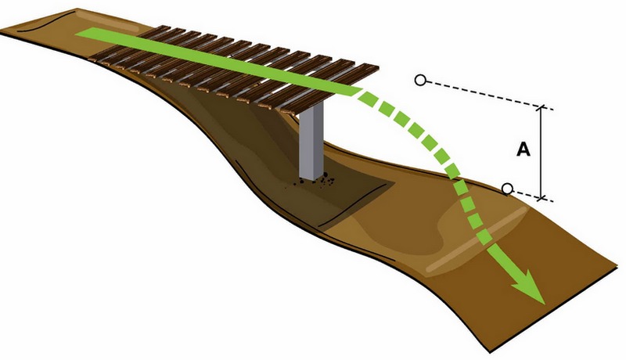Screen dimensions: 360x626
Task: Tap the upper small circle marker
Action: click(x=420, y=80)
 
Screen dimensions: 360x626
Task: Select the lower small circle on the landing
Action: click(x=507, y=189)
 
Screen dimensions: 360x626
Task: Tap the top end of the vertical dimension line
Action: click(x=541, y=106)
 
